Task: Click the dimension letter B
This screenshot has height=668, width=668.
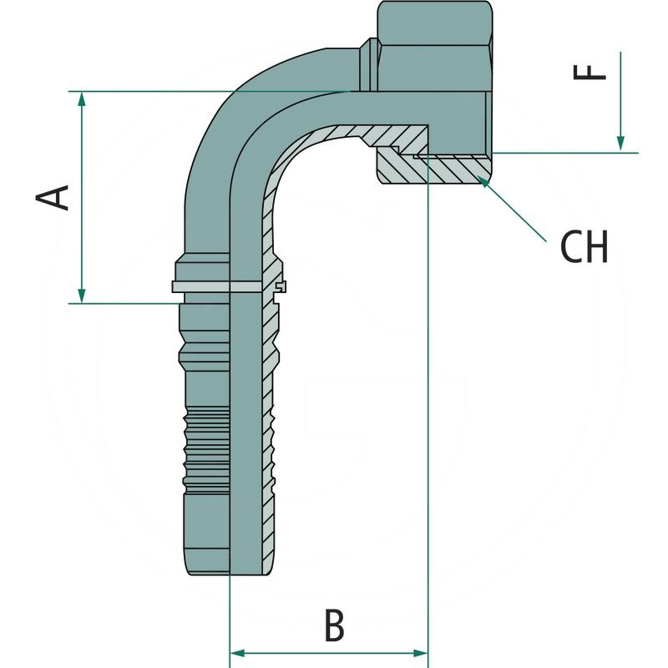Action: [x=334, y=625]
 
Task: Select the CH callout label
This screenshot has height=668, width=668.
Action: [x=584, y=246]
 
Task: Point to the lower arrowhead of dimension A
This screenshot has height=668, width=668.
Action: [x=81, y=296]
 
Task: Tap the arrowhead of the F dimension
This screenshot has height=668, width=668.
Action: [x=621, y=145]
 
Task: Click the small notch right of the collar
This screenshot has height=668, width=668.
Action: [x=281, y=288]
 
